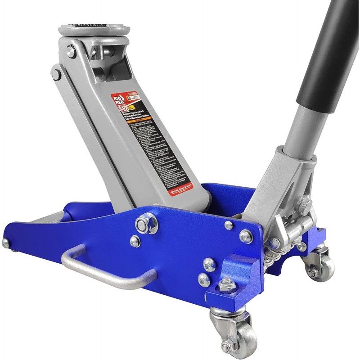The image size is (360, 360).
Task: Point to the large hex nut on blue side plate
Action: coord(147,223)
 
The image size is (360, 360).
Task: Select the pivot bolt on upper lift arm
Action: coord(56,73)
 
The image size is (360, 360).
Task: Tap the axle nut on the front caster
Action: coord(228,345)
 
